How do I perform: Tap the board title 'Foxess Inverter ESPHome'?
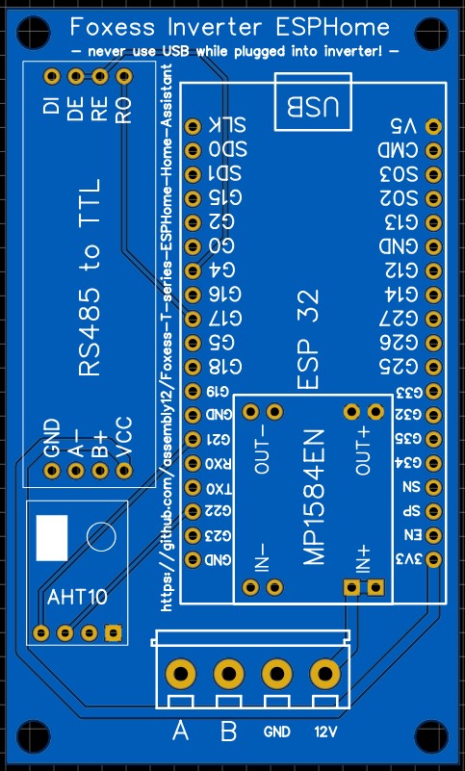[232, 27]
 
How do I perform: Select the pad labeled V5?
[433, 125]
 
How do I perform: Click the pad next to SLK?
[192, 125]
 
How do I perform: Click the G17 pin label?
[226, 318]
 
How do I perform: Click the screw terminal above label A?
[180, 673]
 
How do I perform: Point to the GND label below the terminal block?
[277, 732]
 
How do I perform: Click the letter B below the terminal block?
[228, 732]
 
